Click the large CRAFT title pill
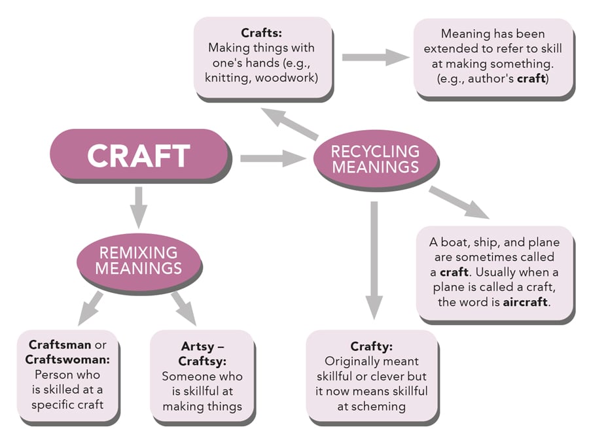(x=139, y=156)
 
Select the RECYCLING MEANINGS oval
(x=375, y=159)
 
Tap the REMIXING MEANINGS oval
(x=138, y=260)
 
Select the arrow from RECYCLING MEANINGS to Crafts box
(x=289, y=124)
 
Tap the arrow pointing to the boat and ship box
(x=459, y=202)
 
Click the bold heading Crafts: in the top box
(x=261, y=33)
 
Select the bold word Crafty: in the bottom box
(x=371, y=346)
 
